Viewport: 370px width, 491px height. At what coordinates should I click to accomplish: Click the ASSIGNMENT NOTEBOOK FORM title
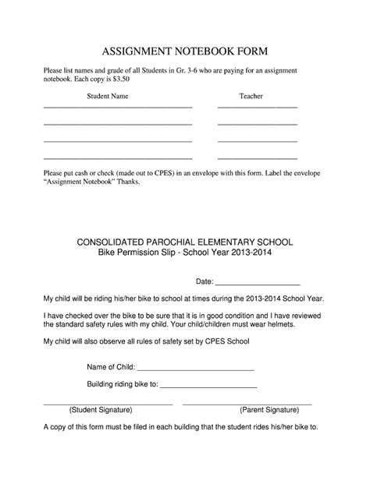point(185,51)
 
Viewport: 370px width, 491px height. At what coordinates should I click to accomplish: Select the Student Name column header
point(108,97)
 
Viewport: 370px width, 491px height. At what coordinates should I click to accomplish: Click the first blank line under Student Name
point(117,107)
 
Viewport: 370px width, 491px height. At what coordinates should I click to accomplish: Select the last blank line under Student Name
point(117,158)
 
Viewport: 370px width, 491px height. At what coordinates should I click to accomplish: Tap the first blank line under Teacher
point(257,107)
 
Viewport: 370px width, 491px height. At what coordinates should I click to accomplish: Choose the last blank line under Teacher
point(257,158)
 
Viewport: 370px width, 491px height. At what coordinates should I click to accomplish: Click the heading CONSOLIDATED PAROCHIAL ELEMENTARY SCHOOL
point(184,242)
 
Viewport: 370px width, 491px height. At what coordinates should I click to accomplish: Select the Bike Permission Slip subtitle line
point(184,253)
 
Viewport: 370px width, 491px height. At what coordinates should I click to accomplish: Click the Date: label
point(205,281)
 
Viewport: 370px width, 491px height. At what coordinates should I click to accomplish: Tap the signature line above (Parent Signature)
point(247,404)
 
